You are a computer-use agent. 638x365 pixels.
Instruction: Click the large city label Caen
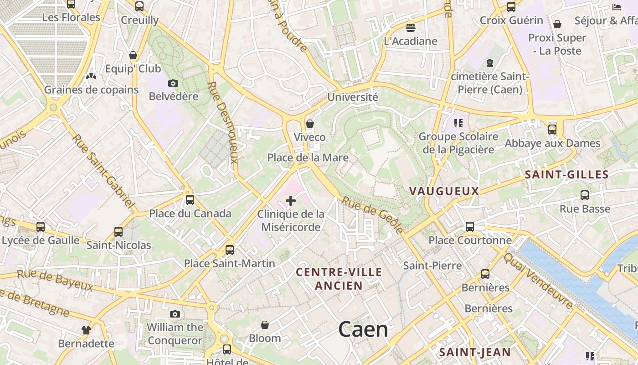click(x=363, y=329)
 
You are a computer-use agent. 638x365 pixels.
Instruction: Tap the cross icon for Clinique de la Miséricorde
click(x=291, y=201)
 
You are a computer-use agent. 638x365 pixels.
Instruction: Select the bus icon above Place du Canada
click(x=190, y=200)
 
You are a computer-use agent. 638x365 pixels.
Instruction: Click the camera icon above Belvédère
click(x=173, y=83)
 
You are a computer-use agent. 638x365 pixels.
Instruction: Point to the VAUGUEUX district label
click(x=444, y=191)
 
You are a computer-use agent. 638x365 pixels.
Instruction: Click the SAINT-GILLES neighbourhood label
click(x=566, y=175)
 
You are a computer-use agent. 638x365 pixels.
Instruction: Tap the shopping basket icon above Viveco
click(x=310, y=124)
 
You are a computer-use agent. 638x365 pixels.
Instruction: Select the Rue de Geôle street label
click(x=372, y=215)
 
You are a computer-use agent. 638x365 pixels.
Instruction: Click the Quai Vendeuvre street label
click(x=538, y=280)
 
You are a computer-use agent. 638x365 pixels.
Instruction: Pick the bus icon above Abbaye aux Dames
click(x=552, y=130)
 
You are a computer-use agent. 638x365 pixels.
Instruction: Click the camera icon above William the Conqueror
click(x=175, y=314)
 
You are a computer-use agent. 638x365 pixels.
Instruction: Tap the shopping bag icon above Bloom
click(x=265, y=325)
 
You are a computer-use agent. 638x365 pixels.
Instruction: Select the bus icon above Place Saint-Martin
click(x=230, y=250)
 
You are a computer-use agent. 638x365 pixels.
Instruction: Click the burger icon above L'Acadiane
click(x=411, y=28)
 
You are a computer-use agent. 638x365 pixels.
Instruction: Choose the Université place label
click(x=353, y=97)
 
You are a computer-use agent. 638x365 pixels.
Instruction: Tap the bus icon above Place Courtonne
click(x=470, y=227)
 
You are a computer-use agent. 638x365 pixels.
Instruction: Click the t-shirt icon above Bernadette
click(x=86, y=330)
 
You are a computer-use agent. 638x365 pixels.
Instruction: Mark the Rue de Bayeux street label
click(x=55, y=280)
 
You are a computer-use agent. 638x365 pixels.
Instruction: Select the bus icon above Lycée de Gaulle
click(x=41, y=227)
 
